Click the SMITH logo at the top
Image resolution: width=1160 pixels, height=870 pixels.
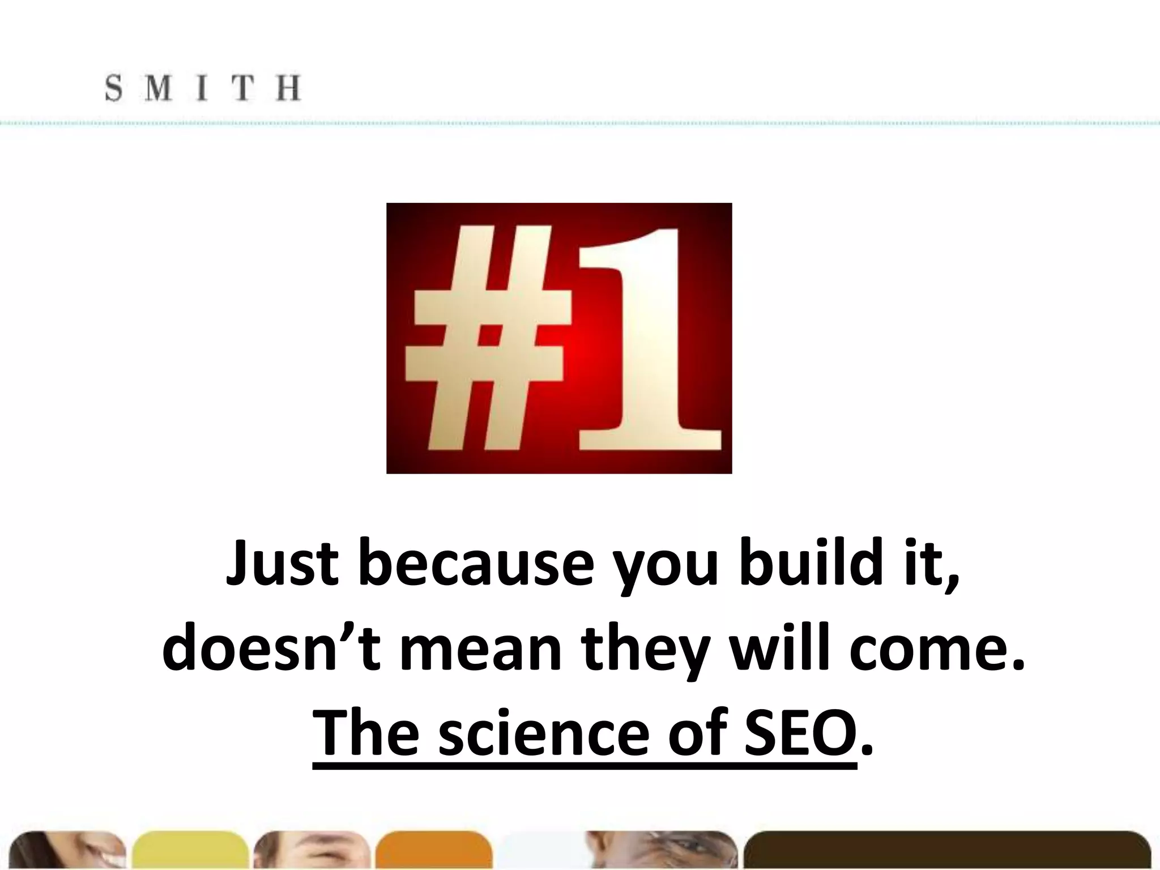(x=203, y=89)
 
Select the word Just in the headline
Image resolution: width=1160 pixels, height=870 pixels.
(x=282, y=564)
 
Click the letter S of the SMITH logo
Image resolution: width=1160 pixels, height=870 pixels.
(x=114, y=89)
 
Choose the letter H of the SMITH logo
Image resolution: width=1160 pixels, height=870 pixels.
(x=288, y=89)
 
